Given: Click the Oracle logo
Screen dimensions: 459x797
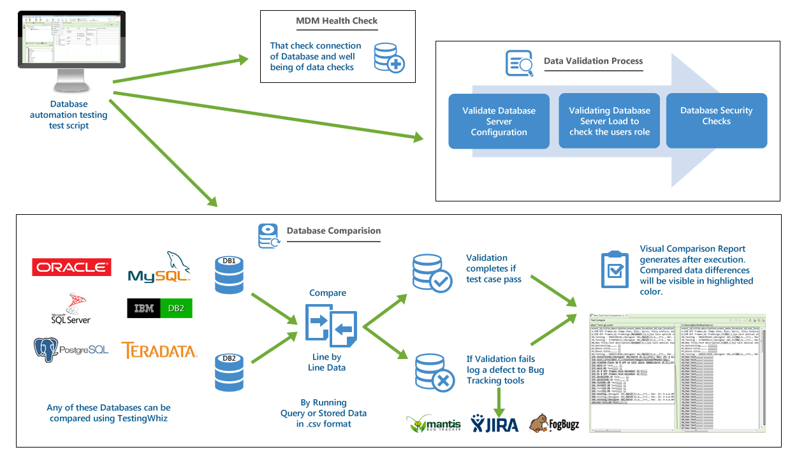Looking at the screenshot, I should coord(71,267).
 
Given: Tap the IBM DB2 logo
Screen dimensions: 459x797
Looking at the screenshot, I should coord(159,309).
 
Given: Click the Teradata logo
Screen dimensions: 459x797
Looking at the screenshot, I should coord(159,350).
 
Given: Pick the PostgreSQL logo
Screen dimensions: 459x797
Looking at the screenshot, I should coord(71,349).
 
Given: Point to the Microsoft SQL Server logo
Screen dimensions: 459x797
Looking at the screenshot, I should coord(71,309).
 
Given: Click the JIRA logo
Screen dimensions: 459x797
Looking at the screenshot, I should coord(495,423).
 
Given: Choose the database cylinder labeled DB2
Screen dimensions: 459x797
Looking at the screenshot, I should coord(229,371).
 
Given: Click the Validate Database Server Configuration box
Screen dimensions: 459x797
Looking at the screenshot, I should coord(499,121).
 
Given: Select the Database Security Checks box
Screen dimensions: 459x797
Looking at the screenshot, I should coord(716,116).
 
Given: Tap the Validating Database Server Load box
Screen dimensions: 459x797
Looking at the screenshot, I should coord(609,121).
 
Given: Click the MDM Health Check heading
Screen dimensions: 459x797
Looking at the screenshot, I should coord(337,21).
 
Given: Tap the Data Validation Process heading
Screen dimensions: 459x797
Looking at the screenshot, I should coord(593,61).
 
